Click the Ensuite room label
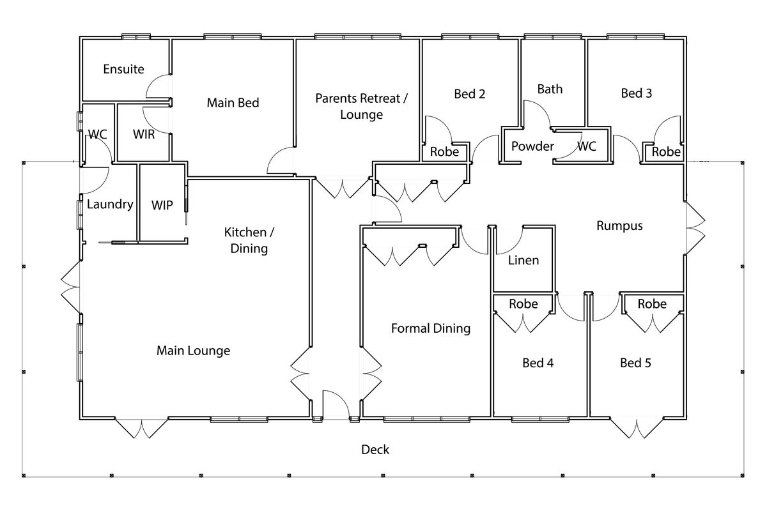tap(123, 69)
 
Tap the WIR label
tap(144, 135)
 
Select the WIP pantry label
tap(162, 205)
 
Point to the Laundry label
tap(109, 204)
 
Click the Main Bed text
tap(233, 102)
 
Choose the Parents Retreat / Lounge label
tap(361, 107)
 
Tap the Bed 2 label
tap(469, 94)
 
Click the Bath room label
tap(550, 89)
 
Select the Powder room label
tap(532, 146)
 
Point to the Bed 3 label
tap(636, 93)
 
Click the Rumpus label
tap(619, 225)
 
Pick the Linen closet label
tap(523, 260)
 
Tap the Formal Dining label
tap(430, 328)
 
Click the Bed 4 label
tap(538, 363)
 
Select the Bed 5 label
tap(635, 363)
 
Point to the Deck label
tap(375, 450)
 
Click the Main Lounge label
tap(193, 351)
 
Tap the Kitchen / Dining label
tap(249, 240)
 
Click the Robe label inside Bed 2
tap(444, 152)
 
